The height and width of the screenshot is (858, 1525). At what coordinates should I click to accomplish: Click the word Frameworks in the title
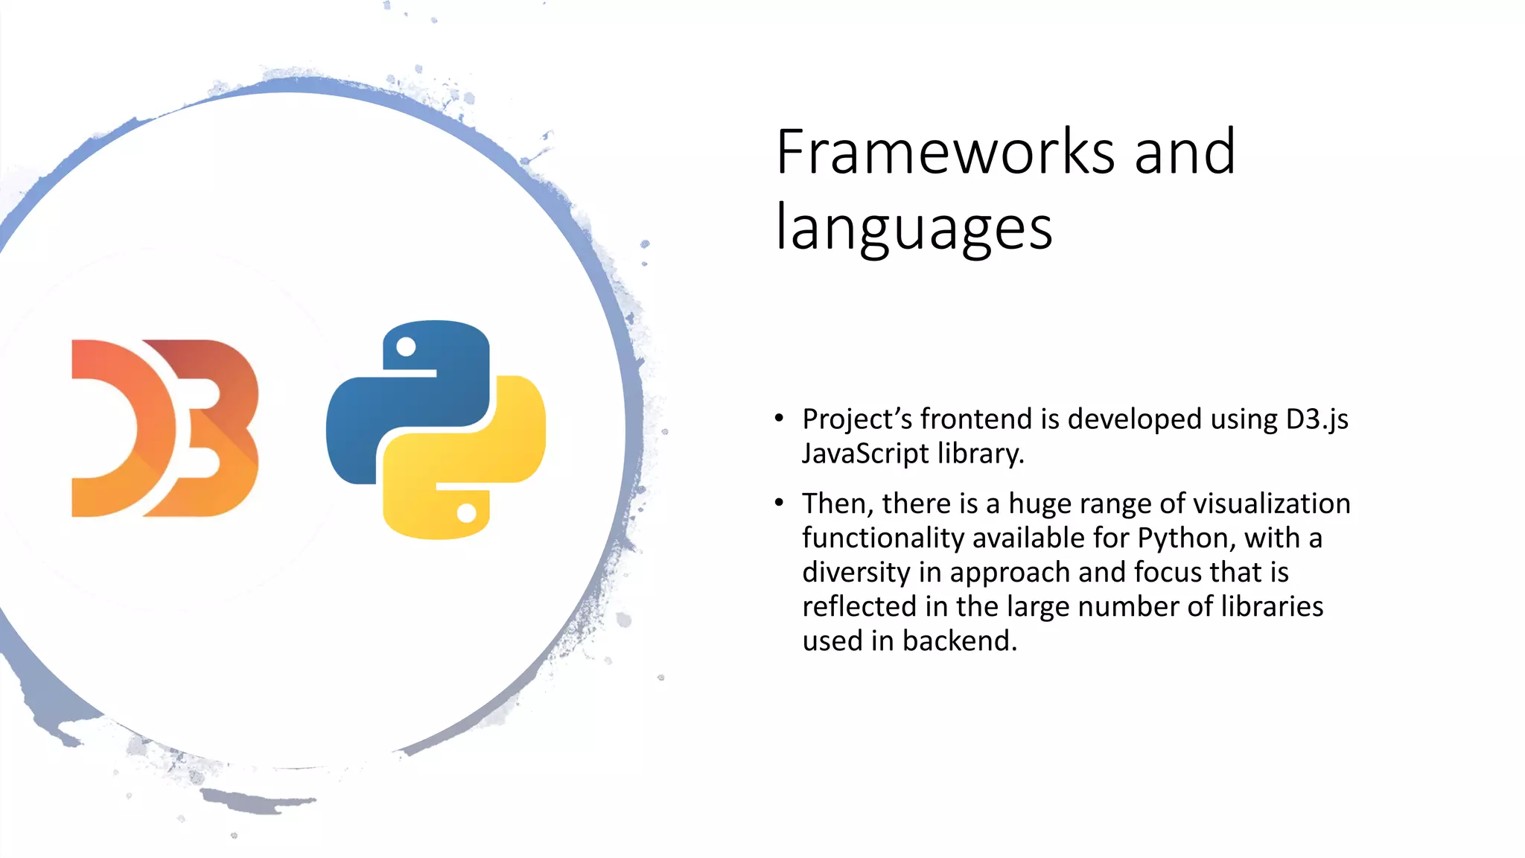point(945,152)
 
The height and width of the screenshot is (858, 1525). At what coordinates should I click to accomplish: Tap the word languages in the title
point(914,228)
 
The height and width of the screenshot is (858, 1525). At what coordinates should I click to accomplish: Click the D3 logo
point(165,428)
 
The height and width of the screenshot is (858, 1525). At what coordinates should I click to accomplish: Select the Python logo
point(436,430)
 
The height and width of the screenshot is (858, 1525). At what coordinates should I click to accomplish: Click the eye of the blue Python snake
point(406,347)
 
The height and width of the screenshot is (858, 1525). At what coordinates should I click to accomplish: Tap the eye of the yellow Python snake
point(467,513)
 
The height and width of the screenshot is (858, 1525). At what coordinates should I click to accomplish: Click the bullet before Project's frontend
point(779,418)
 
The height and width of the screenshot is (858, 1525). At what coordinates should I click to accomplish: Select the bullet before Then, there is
point(779,503)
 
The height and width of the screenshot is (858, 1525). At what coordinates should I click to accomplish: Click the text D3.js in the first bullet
point(1317,419)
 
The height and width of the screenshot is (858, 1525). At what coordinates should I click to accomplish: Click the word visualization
point(1269,504)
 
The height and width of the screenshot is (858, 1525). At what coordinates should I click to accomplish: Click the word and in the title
point(1185,152)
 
